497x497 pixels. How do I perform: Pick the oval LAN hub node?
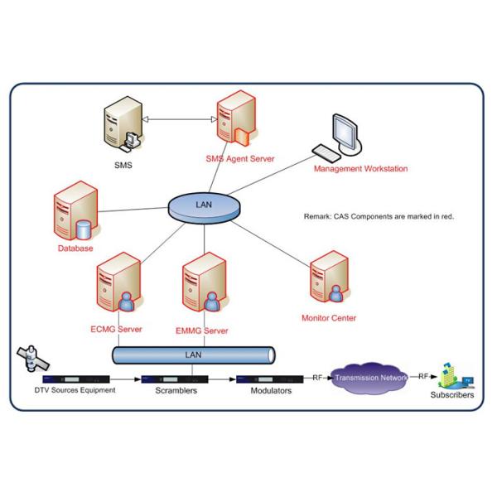tap(203, 206)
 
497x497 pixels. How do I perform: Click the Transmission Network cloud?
tap(371, 378)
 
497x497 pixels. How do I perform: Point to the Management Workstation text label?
tap(360, 170)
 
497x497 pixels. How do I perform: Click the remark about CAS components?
tap(379, 216)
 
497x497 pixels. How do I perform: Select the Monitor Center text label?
tap(331, 317)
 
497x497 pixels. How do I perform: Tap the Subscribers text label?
tap(452, 396)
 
